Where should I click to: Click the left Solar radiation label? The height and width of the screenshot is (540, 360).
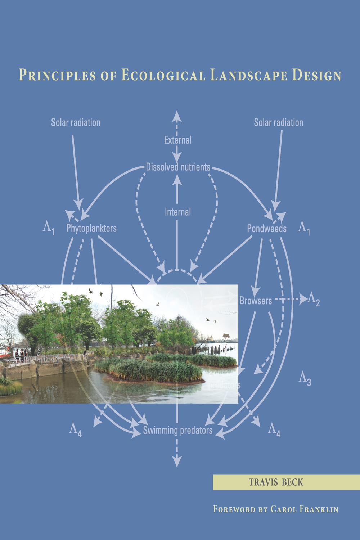76,122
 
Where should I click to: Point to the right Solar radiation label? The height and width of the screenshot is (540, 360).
278,122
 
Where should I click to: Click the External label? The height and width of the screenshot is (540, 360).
177,140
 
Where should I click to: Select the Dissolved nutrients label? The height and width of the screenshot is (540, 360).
178,167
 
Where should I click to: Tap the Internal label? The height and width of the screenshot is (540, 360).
177,212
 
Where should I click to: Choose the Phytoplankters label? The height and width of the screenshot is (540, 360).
91,228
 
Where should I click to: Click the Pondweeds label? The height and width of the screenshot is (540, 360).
267,229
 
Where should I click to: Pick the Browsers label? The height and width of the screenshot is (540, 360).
256,300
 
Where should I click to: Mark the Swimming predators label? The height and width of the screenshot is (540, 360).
178,430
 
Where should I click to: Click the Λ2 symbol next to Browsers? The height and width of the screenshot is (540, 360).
313,300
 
